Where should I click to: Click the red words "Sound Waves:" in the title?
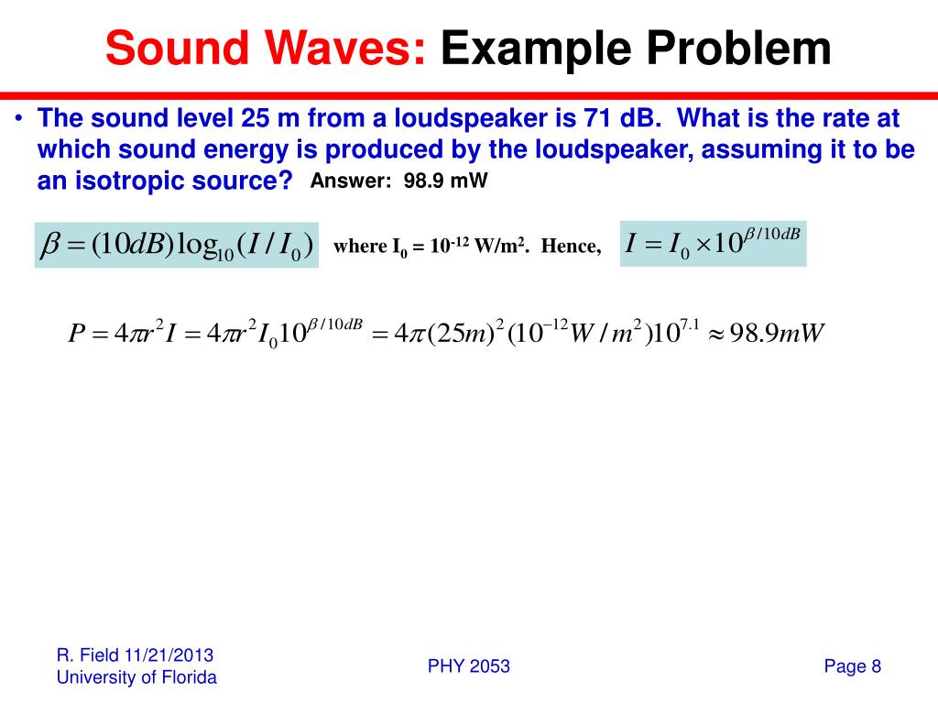coord(266,49)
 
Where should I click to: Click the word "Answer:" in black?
coord(353,181)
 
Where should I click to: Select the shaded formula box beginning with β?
coord(177,245)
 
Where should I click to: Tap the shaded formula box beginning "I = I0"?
coord(713,244)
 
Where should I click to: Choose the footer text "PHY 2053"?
coord(469,666)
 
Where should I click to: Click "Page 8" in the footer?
coord(852,666)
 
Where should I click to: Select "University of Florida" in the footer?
coord(136,677)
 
